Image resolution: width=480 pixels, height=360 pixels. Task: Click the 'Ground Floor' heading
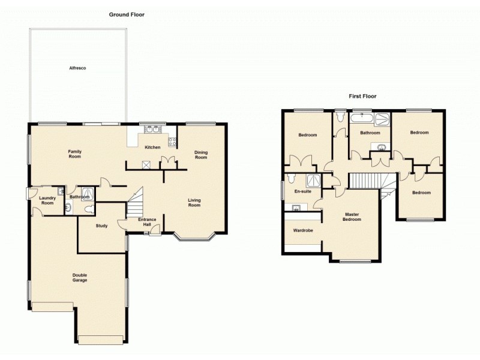(x=126, y=14)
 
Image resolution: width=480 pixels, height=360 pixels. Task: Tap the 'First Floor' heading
(x=362, y=96)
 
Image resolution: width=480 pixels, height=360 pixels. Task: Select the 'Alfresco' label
(x=77, y=68)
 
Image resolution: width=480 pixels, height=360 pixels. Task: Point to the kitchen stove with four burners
(x=172, y=143)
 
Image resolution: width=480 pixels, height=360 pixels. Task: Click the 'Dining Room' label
(x=200, y=155)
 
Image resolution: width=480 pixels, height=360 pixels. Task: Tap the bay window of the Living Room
(x=193, y=238)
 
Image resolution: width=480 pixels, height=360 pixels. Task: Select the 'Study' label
(x=101, y=226)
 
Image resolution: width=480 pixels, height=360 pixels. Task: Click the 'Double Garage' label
(x=80, y=277)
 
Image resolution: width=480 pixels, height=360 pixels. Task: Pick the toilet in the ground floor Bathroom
(x=90, y=208)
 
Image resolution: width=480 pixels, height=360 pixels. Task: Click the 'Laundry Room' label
(x=46, y=200)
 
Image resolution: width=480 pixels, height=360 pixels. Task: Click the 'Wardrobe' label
(x=302, y=230)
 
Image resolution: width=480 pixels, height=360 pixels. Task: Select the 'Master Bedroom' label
(x=352, y=217)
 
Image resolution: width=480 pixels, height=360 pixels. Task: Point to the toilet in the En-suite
(x=290, y=179)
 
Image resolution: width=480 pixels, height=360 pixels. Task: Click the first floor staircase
(x=365, y=181)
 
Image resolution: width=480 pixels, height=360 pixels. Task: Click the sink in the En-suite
(x=296, y=208)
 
